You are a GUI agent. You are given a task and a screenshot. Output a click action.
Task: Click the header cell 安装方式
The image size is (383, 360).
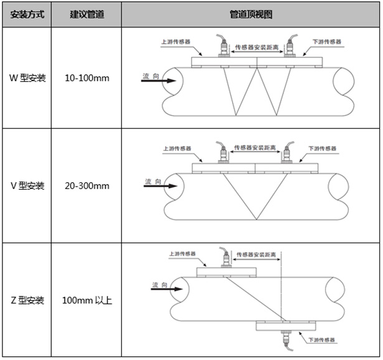pos(27,14)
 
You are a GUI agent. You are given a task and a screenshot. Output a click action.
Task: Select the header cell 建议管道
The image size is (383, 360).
pos(87,14)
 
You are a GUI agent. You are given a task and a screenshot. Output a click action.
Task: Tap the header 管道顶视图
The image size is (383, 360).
pos(251,14)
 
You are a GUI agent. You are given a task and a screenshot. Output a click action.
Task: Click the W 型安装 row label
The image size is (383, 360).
pos(27,78)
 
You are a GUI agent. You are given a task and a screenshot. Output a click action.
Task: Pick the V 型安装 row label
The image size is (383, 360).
pos(27,186)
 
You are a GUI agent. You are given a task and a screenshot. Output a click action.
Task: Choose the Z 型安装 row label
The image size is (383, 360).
pos(27,300)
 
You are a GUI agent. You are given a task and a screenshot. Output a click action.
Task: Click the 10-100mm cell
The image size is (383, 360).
pos(87,78)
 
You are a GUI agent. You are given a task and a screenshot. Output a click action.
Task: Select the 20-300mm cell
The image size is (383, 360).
pos(87,186)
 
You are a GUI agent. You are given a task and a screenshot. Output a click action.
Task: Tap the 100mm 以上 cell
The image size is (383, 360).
pos(87,300)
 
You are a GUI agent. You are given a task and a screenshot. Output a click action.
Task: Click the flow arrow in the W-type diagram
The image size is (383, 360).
pos(158,80)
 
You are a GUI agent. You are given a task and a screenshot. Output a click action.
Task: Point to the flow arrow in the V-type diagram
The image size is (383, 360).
pos(160,186)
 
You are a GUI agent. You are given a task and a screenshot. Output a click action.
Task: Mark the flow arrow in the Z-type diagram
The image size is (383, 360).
pos(167,289)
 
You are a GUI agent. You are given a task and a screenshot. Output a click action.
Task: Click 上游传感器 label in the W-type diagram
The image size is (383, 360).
pos(176,42)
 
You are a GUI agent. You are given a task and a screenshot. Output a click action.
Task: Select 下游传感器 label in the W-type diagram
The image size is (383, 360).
pos(327,42)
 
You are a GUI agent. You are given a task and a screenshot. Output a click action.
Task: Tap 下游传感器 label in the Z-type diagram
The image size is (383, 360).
pos(321,340)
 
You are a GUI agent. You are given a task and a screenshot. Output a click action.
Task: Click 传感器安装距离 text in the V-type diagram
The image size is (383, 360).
pos(255,147)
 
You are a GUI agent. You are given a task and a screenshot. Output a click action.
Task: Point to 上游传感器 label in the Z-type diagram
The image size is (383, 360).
pos(183,254)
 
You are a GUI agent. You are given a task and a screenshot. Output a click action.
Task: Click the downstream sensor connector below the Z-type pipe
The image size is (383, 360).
pos(287,341)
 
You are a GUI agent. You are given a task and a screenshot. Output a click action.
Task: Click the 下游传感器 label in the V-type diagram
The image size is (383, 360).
pos(322,148)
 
